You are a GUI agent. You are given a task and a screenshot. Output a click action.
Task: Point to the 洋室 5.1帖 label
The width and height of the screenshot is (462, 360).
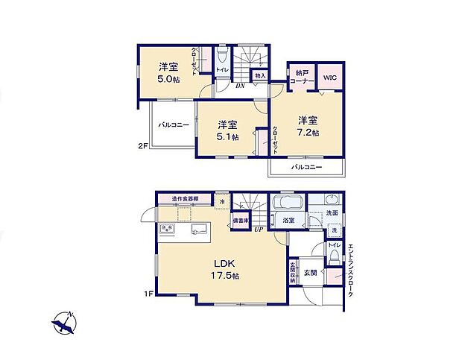[x=227, y=130]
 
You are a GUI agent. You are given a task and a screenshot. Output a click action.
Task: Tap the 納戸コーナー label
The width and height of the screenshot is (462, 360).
[x=302, y=78]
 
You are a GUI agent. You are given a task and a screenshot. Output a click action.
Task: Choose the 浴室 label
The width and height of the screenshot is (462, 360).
[x=288, y=221]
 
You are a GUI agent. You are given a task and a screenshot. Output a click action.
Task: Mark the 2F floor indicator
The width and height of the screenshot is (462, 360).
[x=142, y=146]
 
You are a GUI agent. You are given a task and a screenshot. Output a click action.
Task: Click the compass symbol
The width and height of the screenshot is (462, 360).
[x=65, y=323]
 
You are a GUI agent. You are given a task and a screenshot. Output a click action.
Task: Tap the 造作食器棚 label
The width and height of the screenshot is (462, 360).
[x=185, y=199]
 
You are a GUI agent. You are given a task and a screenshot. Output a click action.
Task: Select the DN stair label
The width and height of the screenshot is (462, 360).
[x=240, y=86]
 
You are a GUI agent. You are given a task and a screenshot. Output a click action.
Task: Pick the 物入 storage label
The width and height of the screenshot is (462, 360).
[x=260, y=75]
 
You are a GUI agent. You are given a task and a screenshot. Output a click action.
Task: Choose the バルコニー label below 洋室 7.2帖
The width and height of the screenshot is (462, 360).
[x=306, y=167]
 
